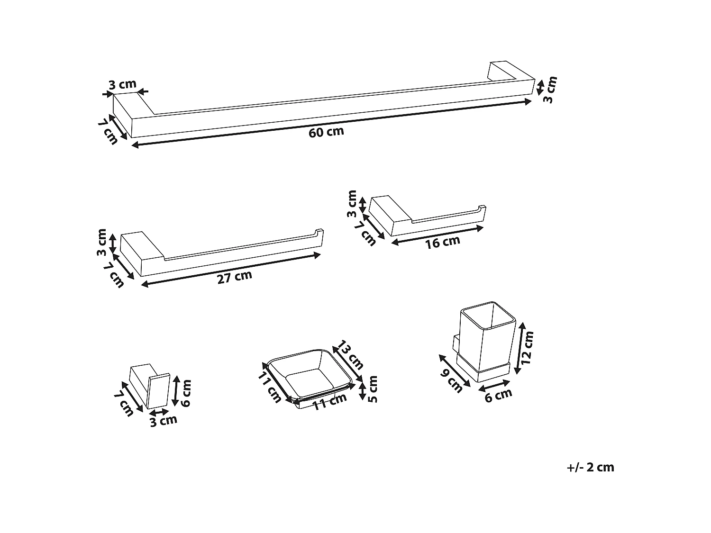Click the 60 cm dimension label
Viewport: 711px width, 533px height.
326,132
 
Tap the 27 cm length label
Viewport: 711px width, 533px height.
235,277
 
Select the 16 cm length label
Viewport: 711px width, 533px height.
443,242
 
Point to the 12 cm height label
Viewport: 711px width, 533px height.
527,347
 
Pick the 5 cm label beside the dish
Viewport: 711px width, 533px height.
373,389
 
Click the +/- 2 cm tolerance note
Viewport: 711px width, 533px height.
590,467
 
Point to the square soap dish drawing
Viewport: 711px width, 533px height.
310,377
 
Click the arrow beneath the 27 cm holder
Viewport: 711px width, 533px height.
231,269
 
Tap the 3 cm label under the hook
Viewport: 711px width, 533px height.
163,420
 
